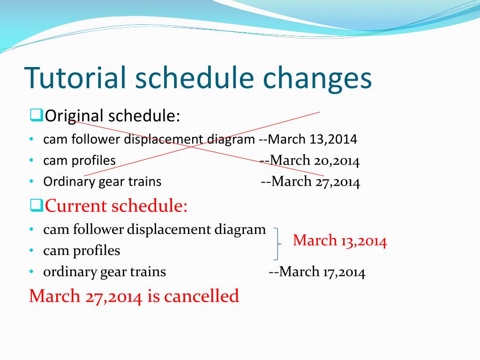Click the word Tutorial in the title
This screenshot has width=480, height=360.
pos(75,77)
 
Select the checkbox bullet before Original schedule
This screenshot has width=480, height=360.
pos(37,115)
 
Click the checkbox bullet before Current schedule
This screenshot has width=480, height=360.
pos(37,205)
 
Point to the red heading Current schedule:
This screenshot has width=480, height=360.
pos(116,205)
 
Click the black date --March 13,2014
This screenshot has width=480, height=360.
pos(308,139)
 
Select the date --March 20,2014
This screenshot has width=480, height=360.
pos(309,160)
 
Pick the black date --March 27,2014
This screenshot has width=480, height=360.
pos(310,181)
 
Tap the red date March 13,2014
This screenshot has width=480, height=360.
pos(340,240)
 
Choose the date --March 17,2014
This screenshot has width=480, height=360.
pos(317,272)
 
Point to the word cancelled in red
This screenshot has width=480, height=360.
pos(201,296)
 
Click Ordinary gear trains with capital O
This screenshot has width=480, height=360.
pos(102,182)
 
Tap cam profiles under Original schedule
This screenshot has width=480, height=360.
pos(80,161)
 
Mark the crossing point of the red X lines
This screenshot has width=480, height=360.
pos(193,147)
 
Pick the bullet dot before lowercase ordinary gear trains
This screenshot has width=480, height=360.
pos(31,271)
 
